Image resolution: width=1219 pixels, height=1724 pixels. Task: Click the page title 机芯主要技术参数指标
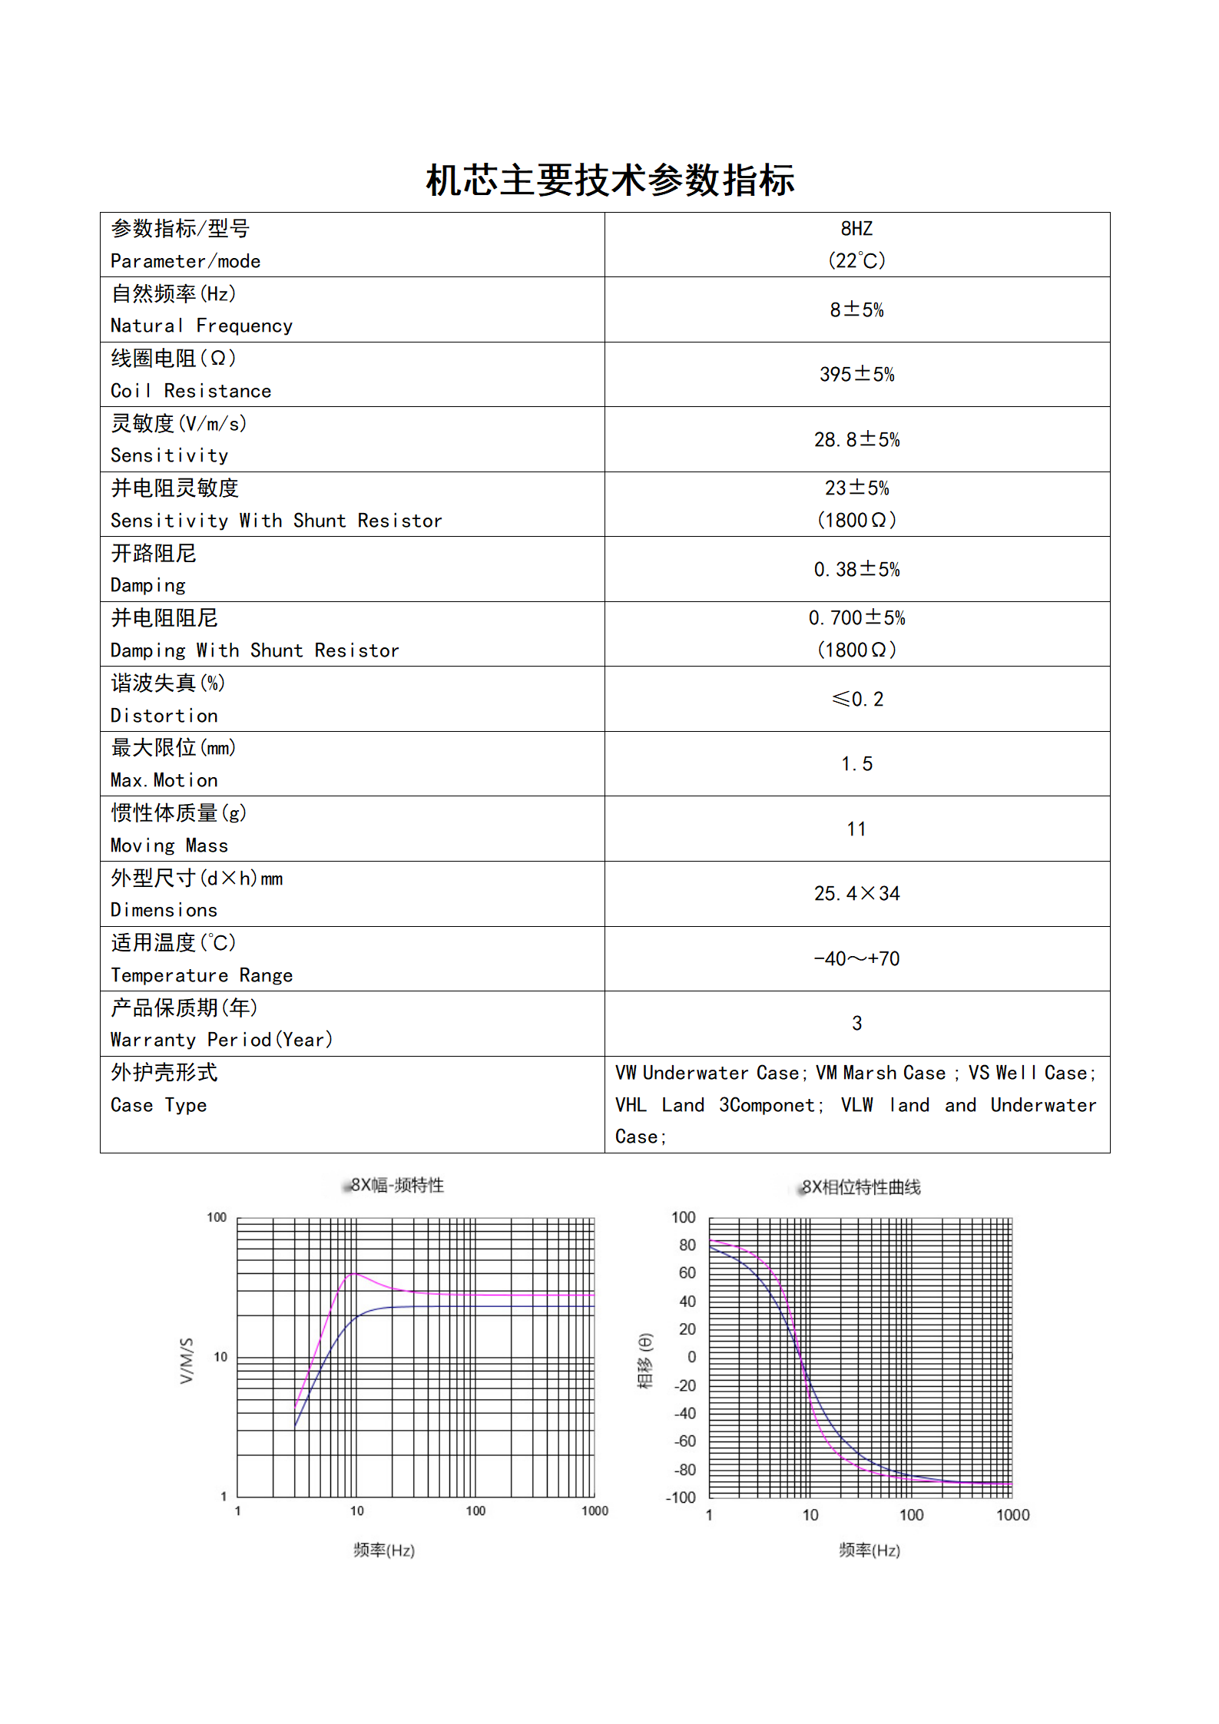coord(610,180)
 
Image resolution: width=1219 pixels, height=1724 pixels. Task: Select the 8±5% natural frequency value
coord(856,310)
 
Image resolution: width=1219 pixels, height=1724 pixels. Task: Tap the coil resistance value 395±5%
coord(856,375)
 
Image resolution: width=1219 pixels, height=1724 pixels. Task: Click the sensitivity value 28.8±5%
coord(856,440)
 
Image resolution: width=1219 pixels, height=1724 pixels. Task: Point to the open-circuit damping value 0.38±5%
coord(856,570)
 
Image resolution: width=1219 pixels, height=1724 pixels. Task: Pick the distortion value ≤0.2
coord(857,700)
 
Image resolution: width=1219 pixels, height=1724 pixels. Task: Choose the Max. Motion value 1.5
coord(856,764)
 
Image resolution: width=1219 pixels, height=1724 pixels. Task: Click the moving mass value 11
coord(856,829)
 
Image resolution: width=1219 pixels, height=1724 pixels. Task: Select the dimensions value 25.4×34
coord(856,894)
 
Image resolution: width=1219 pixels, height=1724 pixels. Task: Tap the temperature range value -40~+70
coord(856,959)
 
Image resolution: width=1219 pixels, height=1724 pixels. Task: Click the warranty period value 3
coord(856,1024)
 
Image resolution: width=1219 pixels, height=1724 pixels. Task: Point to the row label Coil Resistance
coord(190,392)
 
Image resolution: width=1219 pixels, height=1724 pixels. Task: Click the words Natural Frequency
coord(201,326)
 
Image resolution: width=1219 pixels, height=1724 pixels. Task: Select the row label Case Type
coord(158,1106)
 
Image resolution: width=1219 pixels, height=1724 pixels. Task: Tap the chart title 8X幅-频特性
coord(397,1186)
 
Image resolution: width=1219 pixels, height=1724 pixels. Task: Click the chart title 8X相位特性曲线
coord(861,1188)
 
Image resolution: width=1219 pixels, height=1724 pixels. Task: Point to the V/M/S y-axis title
coord(187,1361)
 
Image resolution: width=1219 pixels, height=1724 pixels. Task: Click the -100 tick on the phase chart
coord(681,1497)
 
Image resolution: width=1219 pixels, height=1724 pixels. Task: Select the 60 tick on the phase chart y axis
coord(687,1272)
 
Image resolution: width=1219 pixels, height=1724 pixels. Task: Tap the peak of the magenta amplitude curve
coord(353,1274)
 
